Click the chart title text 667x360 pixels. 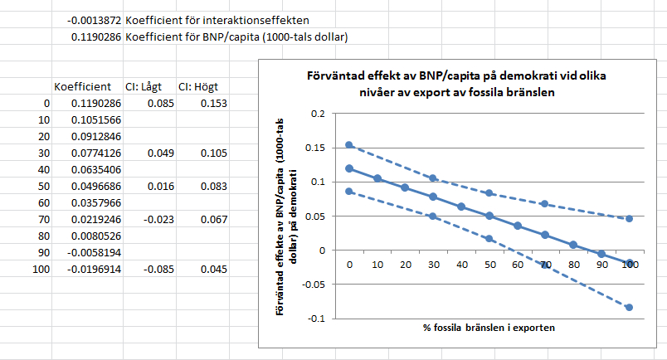453,84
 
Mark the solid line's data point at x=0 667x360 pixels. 348,168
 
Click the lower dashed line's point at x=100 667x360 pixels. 630,307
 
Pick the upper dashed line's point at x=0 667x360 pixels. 348,145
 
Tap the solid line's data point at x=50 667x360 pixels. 489,216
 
